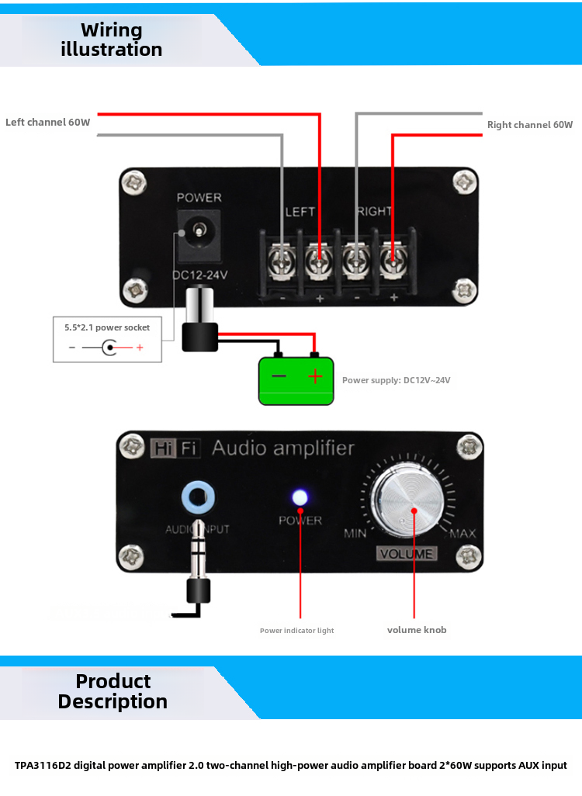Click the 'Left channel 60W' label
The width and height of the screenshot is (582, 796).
[x=48, y=123]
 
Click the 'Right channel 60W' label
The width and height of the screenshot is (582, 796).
[x=529, y=125]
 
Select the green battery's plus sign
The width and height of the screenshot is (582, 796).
[x=315, y=377]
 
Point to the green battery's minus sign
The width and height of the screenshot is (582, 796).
[x=279, y=377]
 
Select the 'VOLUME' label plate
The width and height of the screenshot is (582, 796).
[x=407, y=554]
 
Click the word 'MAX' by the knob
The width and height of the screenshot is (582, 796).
[x=462, y=534]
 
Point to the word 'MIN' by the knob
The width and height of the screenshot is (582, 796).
[x=355, y=534]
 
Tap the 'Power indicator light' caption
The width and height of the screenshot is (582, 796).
[x=296, y=631]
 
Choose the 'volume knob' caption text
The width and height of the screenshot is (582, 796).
[x=417, y=630]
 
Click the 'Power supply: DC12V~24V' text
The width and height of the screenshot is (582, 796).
[x=396, y=380]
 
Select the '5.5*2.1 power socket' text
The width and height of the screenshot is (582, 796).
[x=107, y=328]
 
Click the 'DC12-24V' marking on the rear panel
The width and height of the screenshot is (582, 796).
[x=199, y=275]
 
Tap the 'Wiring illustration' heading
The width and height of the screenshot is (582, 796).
[x=112, y=40]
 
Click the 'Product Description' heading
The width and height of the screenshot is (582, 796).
[x=113, y=691]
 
